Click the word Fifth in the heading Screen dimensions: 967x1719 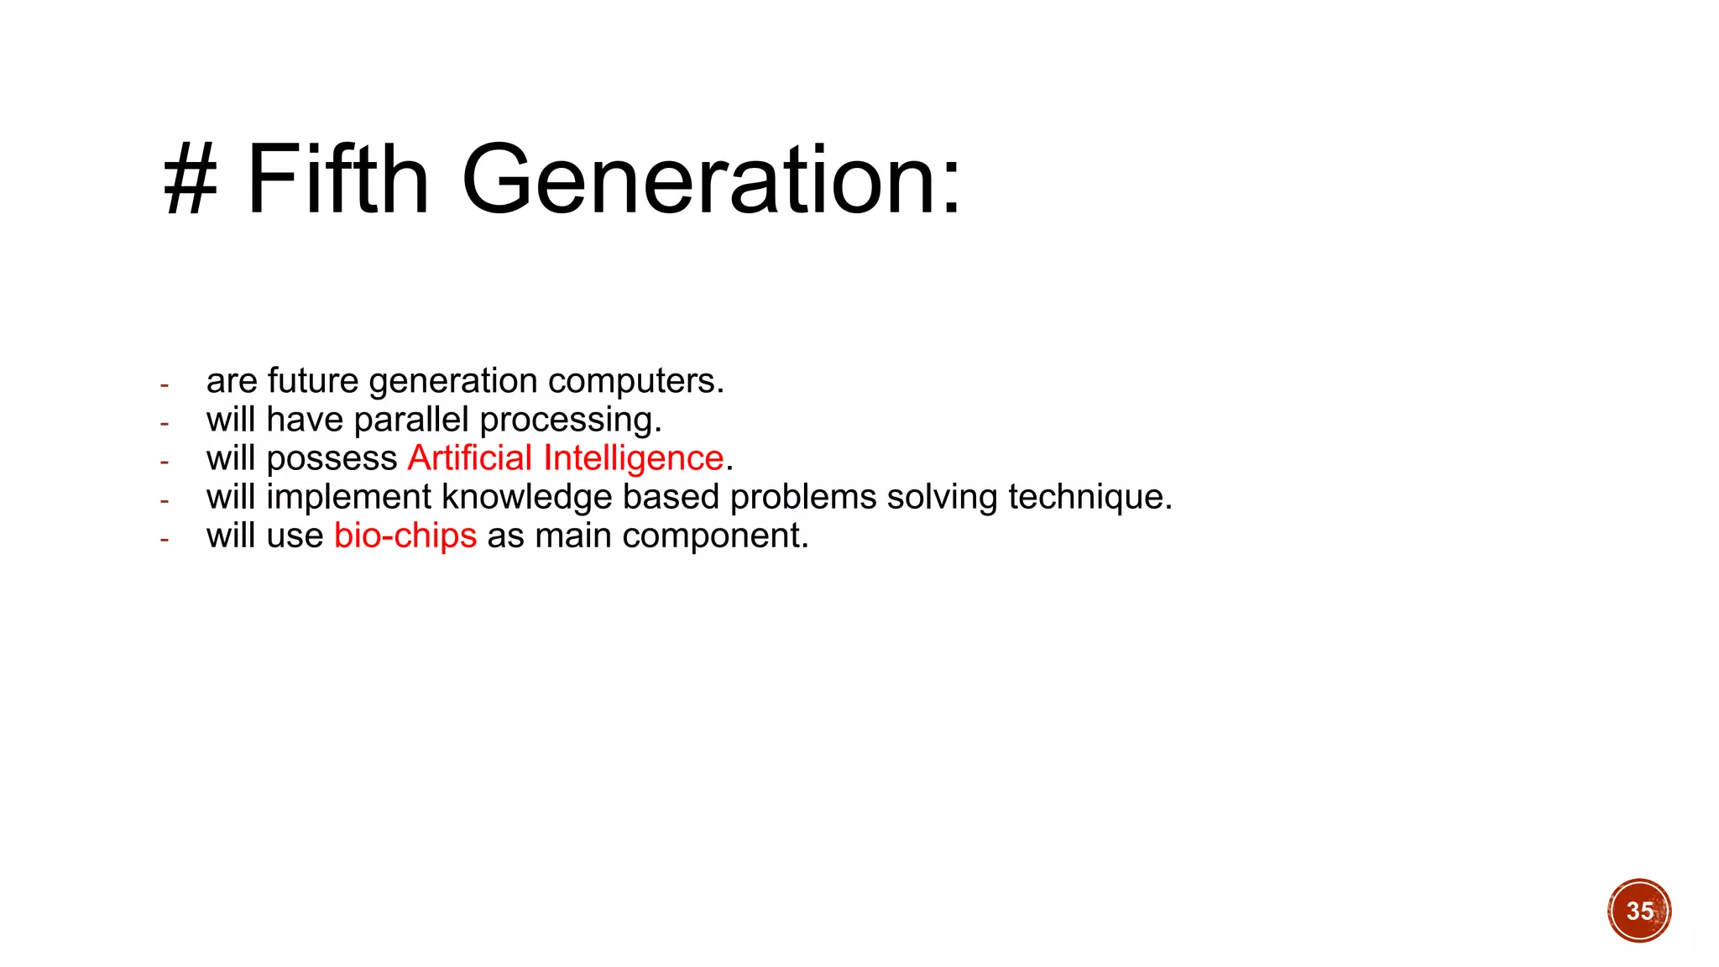click(x=337, y=179)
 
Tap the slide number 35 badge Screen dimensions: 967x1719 click(x=1639, y=911)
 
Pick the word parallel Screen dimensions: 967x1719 click(x=411, y=420)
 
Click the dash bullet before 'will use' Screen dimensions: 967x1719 click(x=165, y=539)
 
